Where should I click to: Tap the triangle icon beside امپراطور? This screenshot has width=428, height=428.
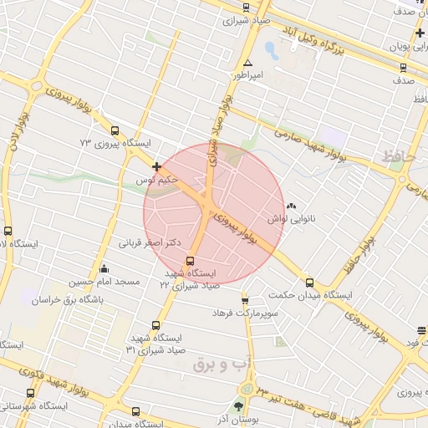pyautogui.click(x=247, y=64)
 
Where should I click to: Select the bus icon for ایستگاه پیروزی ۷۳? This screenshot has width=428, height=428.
pyautogui.click(x=115, y=130)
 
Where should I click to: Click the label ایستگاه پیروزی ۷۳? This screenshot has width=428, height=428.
pyautogui.click(x=115, y=144)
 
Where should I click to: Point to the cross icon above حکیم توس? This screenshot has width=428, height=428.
pyautogui.click(x=156, y=167)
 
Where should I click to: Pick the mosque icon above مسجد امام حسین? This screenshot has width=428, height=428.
pyautogui.click(x=103, y=268)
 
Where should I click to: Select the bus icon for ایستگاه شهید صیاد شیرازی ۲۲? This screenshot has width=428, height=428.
pyautogui.click(x=190, y=261)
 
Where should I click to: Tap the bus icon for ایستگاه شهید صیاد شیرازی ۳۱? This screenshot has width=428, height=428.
pyautogui.click(x=155, y=326)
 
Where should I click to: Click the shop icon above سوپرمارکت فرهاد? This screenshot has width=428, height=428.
pyautogui.click(x=244, y=301)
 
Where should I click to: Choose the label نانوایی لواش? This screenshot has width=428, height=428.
pyautogui.click(x=289, y=219)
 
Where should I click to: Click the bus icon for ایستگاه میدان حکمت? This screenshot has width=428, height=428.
pyautogui.click(x=310, y=283)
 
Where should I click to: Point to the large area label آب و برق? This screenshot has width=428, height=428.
pyautogui.click(x=222, y=364)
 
